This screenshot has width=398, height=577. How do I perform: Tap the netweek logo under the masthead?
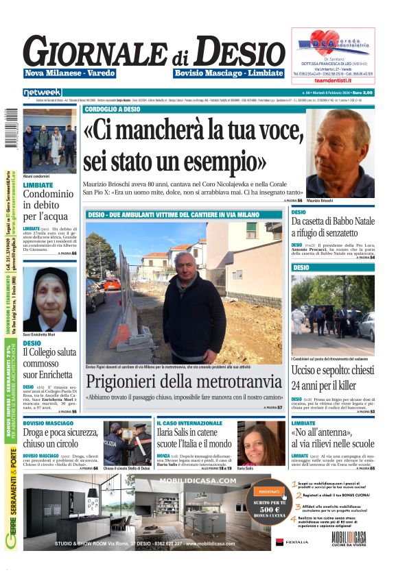pos(42,92)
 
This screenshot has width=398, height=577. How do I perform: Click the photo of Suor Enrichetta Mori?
pos(49,299)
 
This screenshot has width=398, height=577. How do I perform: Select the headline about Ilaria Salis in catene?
pos(194,439)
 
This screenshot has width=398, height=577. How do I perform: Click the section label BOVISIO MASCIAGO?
pos(48,423)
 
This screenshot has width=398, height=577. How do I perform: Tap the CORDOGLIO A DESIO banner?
pos(113,109)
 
